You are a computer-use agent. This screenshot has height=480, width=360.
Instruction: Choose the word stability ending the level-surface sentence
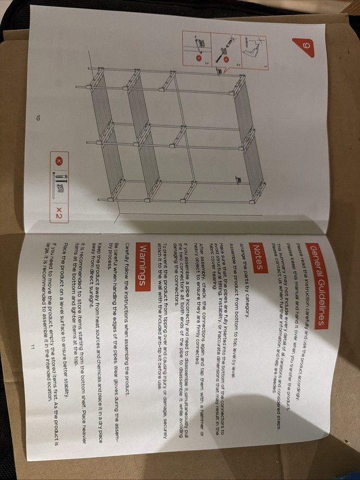pyautogui.click(x=67, y=395)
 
